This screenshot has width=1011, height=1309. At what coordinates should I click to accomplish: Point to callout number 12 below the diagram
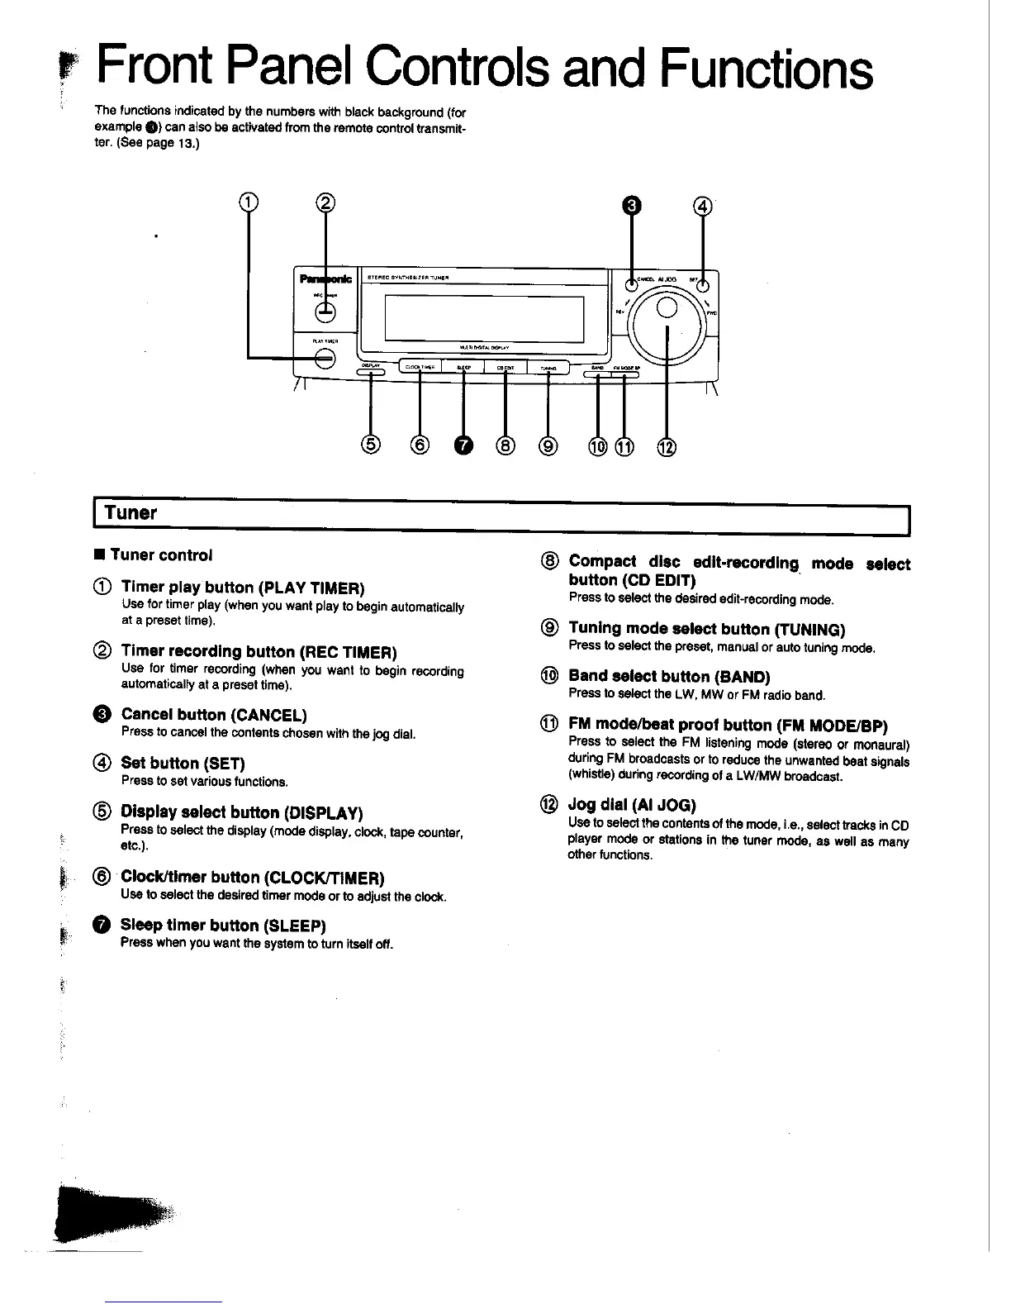click(x=666, y=447)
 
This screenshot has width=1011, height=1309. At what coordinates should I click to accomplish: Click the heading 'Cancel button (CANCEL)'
click(x=214, y=715)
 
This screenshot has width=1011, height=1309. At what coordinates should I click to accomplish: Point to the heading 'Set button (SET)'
click(x=183, y=763)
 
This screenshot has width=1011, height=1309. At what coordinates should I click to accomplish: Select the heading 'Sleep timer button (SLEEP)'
click(x=223, y=925)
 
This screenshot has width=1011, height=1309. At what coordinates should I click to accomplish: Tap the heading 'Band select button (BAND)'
click(x=669, y=677)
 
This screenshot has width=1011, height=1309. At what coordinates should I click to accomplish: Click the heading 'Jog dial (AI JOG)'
click(x=632, y=805)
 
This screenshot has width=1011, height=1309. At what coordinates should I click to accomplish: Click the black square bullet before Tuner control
click(x=98, y=555)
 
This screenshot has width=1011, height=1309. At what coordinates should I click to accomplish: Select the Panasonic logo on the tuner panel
click(x=327, y=278)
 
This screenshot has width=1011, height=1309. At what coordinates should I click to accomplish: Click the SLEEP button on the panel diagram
click(x=463, y=369)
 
